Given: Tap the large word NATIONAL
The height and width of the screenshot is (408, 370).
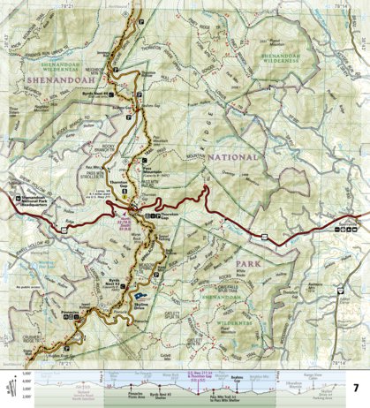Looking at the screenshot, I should [x=233, y=156].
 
